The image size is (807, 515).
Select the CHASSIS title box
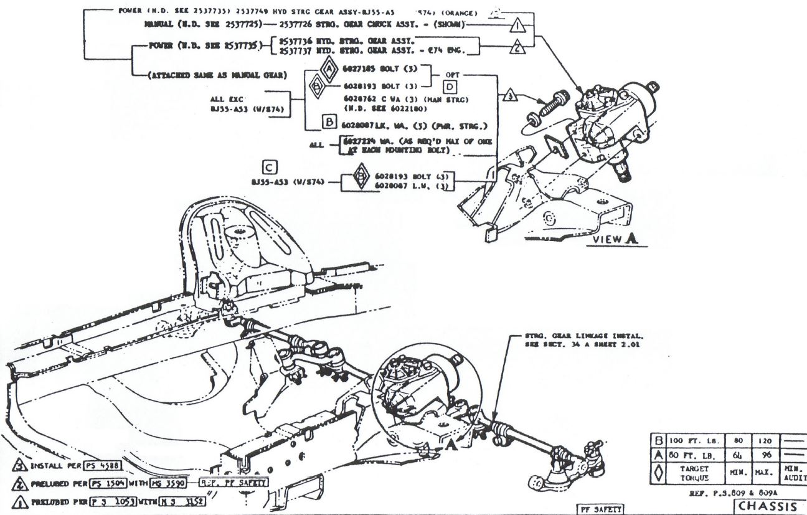(x=769, y=505)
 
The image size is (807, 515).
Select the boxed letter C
(x=270, y=167)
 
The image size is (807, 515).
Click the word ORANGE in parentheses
(x=458, y=12)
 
